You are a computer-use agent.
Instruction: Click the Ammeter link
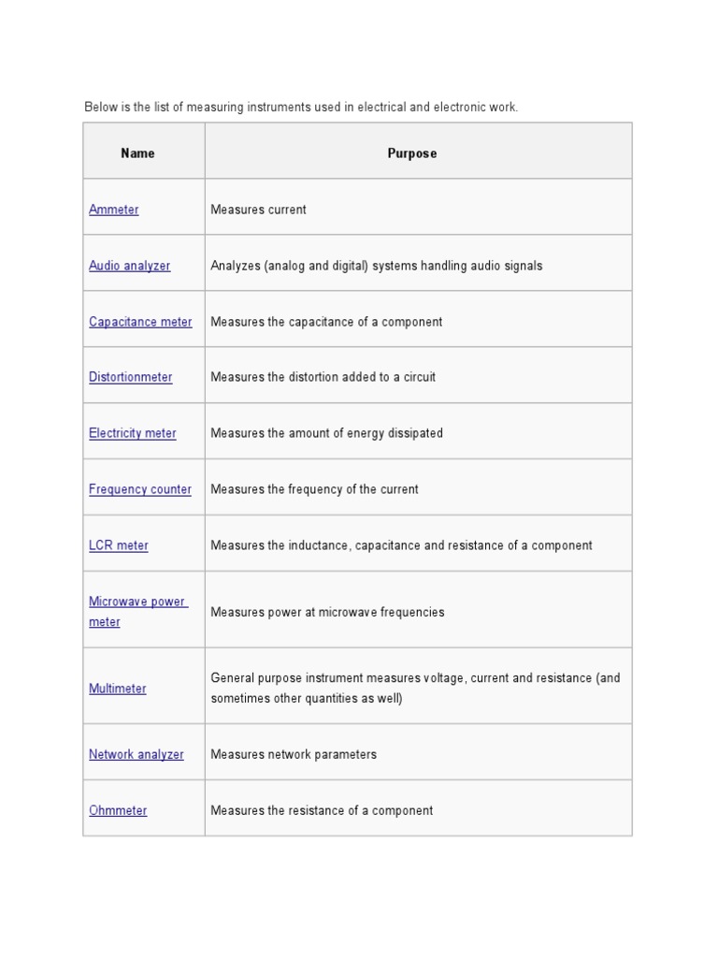tap(113, 210)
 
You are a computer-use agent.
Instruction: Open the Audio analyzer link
tap(129, 266)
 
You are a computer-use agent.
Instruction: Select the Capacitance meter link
tap(140, 322)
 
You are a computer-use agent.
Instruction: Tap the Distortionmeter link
tap(130, 377)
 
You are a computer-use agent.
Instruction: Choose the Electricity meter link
tap(132, 433)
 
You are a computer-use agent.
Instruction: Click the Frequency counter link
tap(139, 489)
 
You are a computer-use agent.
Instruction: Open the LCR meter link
tap(118, 545)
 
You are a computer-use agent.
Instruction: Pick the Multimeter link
tap(117, 689)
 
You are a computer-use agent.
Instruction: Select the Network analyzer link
tap(136, 754)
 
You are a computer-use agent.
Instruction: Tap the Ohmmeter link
tap(118, 810)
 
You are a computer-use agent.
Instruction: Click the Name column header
tap(137, 153)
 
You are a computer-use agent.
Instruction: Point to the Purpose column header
tap(411, 153)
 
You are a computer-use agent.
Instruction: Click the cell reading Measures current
tap(258, 210)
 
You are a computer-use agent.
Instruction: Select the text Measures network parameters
tap(294, 754)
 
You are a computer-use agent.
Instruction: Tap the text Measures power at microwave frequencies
tap(327, 612)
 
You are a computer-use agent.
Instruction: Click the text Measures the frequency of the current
tap(314, 489)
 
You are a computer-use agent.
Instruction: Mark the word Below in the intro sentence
tap(101, 108)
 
